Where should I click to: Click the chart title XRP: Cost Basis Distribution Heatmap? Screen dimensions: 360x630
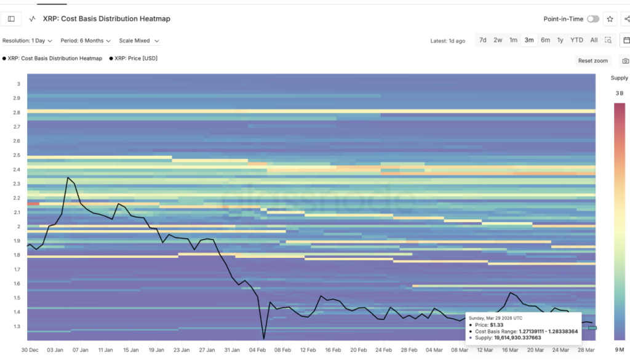(106, 19)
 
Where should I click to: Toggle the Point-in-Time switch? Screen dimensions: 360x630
(592, 19)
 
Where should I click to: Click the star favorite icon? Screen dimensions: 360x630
(610, 19)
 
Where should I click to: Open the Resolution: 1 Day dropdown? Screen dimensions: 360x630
(27, 41)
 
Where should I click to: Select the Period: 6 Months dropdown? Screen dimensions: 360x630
(86, 41)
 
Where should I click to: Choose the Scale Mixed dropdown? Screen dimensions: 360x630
(139, 41)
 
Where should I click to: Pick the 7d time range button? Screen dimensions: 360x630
(483, 40)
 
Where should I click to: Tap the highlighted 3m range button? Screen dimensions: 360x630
(528, 40)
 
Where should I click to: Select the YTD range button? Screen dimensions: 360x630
(576, 40)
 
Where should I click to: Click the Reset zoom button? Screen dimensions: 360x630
(593, 61)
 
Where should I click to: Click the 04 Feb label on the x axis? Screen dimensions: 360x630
(257, 350)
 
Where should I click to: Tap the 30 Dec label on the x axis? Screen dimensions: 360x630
(30, 350)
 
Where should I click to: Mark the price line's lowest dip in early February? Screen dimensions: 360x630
(264, 338)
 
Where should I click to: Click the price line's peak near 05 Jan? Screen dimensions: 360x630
(68, 178)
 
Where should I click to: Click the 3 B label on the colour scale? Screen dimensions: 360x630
(619, 94)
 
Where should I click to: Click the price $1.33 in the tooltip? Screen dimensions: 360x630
(496, 324)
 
